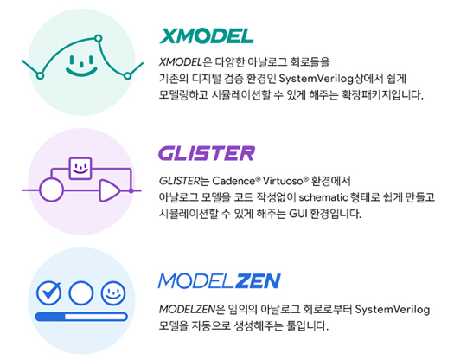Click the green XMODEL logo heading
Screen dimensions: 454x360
tap(207, 36)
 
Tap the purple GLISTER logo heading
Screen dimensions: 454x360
tap(207, 153)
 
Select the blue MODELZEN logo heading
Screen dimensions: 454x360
tap(220, 281)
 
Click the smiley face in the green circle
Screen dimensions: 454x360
tap(81, 66)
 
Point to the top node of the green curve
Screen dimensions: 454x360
tap(99, 38)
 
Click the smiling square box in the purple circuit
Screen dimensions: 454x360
tap(80, 169)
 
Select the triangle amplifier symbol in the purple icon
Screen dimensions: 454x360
tap(110, 190)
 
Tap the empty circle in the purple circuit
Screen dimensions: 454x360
tap(51, 190)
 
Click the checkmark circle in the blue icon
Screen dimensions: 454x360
tap(48, 293)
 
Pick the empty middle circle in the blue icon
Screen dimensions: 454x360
tap(81, 293)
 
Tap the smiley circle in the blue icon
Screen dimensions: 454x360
tap(113, 293)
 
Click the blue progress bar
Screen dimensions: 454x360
tap(81, 317)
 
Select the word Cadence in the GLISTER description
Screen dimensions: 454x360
tap(234, 181)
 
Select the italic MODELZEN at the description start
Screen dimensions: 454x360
tap(188, 310)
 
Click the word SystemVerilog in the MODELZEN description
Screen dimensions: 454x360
tap(393, 310)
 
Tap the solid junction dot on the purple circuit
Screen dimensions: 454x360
tap(131, 190)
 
